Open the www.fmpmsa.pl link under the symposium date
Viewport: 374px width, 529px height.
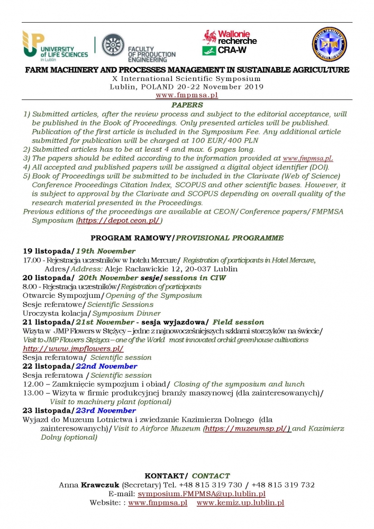[187, 95]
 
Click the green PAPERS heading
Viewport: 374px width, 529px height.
[187, 105]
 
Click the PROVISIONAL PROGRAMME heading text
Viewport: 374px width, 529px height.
[230, 238]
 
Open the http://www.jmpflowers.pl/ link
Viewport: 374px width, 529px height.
[73, 349]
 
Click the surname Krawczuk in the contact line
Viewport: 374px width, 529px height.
[100, 485]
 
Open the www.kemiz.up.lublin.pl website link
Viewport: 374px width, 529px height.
[241, 503]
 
